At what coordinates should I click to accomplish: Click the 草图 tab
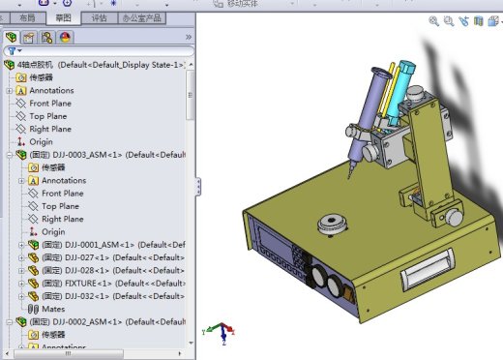pyautogui.click(x=63, y=17)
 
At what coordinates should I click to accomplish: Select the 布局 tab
pyautogui.click(x=26, y=17)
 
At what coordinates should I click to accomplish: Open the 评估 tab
pyautogui.click(x=100, y=17)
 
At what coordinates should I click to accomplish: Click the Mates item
pyautogui.click(x=53, y=309)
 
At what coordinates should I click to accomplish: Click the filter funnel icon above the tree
pyautogui.click(x=12, y=51)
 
